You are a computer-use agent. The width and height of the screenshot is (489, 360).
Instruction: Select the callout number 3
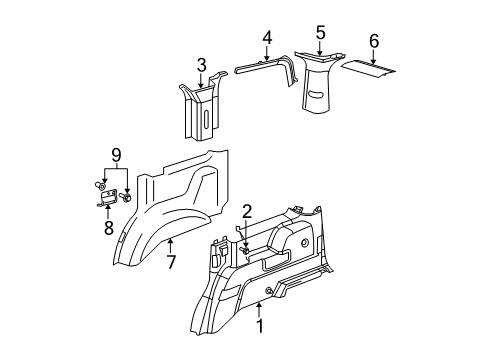(201, 66)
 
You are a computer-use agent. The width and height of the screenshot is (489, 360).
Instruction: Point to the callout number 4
(267, 39)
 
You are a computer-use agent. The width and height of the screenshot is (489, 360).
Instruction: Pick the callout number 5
(319, 32)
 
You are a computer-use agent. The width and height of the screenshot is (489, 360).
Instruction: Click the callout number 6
(374, 41)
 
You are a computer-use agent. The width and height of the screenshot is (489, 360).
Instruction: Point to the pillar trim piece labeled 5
(320, 85)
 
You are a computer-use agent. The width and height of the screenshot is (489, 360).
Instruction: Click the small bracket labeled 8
(108, 201)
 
